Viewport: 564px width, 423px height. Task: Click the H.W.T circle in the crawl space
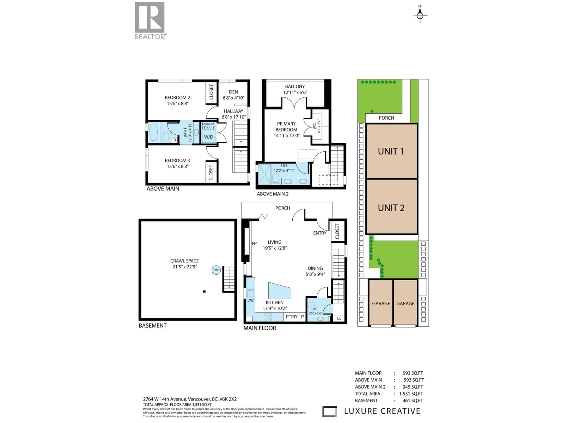coord(216,270)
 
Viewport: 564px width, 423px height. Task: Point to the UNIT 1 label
coord(391,151)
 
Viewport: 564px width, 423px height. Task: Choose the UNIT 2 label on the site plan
coord(391,208)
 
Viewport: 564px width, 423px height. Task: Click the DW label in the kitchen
coord(250,300)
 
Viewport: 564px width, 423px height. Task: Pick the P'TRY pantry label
coord(291,317)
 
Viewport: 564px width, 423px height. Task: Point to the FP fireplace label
coord(254,244)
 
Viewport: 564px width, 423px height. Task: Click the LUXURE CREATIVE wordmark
coord(382,411)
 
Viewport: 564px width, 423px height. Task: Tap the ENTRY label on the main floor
coord(319,233)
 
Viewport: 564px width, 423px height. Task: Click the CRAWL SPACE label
coord(184,261)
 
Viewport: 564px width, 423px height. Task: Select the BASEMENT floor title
coord(152,326)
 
